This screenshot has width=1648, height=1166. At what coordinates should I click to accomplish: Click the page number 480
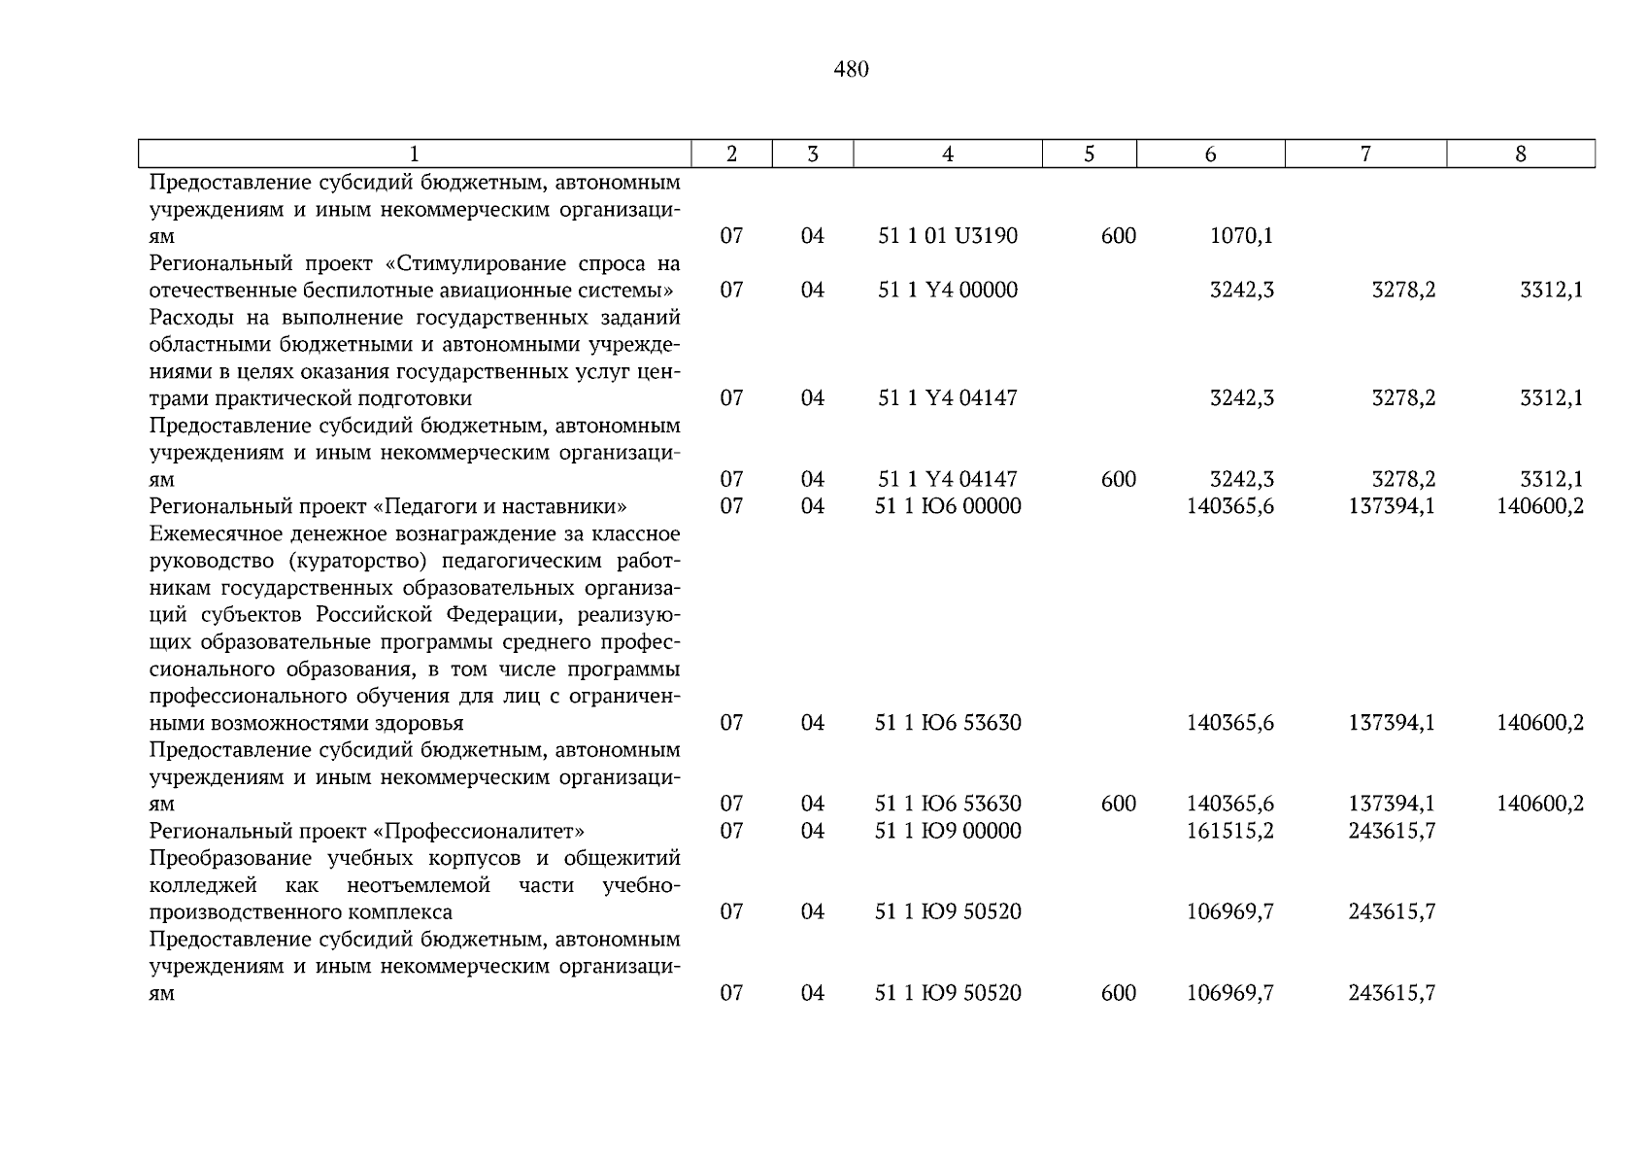click(x=851, y=70)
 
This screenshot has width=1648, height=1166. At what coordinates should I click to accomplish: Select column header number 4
click(x=948, y=154)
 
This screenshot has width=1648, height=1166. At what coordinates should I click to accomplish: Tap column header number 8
click(x=1521, y=154)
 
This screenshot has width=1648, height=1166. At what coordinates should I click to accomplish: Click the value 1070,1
click(x=1241, y=236)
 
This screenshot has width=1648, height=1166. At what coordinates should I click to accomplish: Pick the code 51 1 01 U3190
click(x=948, y=236)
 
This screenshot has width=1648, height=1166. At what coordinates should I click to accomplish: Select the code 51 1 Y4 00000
click(x=948, y=291)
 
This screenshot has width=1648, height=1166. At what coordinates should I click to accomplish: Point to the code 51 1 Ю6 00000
click(x=948, y=506)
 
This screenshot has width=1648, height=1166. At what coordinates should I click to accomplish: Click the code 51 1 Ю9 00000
click(x=948, y=831)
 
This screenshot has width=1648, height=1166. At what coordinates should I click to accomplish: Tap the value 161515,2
click(x=1229, y=831)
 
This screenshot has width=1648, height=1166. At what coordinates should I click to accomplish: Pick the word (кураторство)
click(x=345, y=562)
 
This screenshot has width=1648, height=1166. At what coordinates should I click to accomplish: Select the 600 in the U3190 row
click(x=1119, y=236)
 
